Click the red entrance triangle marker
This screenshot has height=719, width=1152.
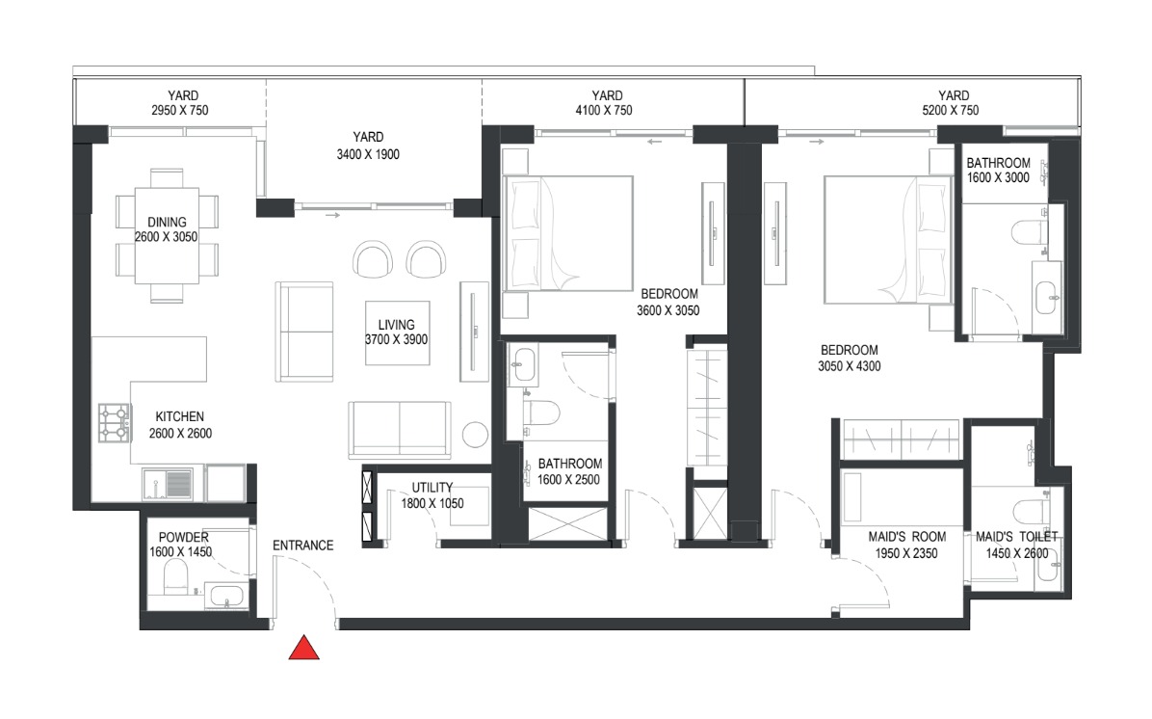[304, 650]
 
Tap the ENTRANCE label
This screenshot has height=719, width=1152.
[302, 546]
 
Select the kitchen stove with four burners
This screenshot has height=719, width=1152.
[114, 422]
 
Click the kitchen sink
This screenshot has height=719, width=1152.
[179, 483]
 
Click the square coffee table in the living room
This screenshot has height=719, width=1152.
[396, 333]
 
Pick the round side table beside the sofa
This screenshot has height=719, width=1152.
[477, 434]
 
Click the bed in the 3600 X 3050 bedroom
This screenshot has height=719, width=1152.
[568, 232]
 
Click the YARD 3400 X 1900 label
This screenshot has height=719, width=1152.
[368, 146]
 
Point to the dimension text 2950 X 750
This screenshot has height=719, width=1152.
[179, 111]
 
